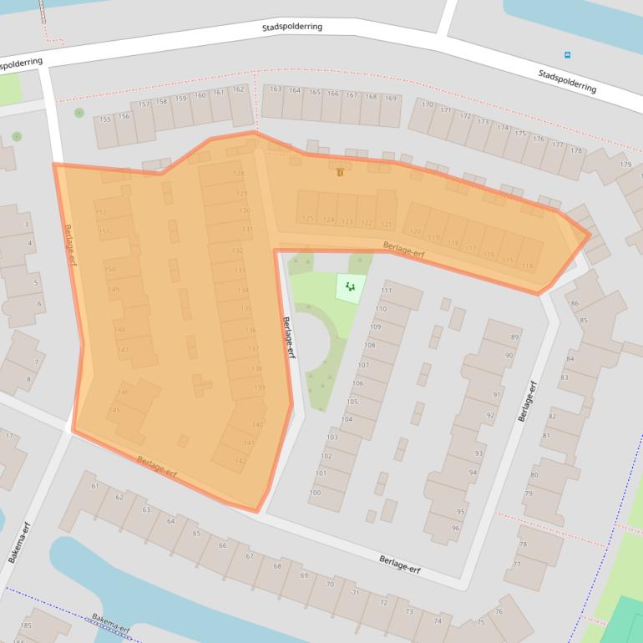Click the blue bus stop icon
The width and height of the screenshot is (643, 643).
click(568, 56)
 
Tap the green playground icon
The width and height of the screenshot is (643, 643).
click(351, 287)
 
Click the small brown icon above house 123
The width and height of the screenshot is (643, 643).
click(339, 173)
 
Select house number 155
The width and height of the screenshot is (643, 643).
click(105, 119)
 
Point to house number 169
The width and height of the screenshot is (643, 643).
click(391, 99)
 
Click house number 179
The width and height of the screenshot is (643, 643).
click(625, 165)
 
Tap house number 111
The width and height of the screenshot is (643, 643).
click(386, 291)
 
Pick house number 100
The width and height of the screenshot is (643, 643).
click(315, 493)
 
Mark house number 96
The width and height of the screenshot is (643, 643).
click(456, 528)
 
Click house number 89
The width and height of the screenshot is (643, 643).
click(515, 337)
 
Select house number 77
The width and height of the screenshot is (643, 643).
click(518, 564)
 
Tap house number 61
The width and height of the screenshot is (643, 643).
click(95, 486)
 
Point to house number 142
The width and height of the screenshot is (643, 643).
click(240, 461)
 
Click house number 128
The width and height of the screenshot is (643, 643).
click(240, 174)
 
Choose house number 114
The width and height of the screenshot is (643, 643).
click(527, 266)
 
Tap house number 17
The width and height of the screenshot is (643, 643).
click(10, 436)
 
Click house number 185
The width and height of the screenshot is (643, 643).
click(26, 625)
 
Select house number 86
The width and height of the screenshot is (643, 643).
click(575, 302)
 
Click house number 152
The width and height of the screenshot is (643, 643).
click(102, 213)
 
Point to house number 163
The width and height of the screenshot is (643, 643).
click(276, 89)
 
